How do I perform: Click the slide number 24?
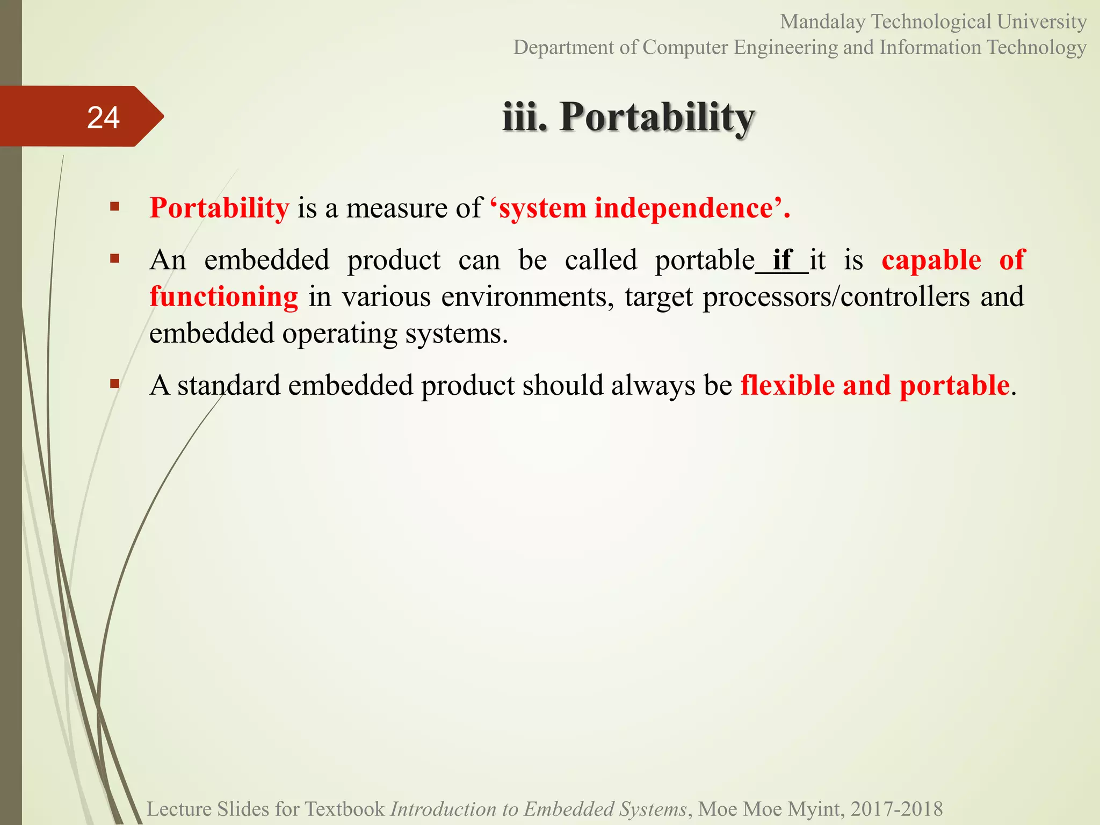103,118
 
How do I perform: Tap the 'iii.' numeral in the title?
525,117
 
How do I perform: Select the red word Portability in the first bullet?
219,208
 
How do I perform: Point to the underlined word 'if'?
782,260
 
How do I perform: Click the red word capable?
931,260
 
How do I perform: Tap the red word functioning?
223,297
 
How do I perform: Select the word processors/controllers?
836,297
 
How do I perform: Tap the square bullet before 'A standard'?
114,383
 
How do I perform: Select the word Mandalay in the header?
822,22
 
